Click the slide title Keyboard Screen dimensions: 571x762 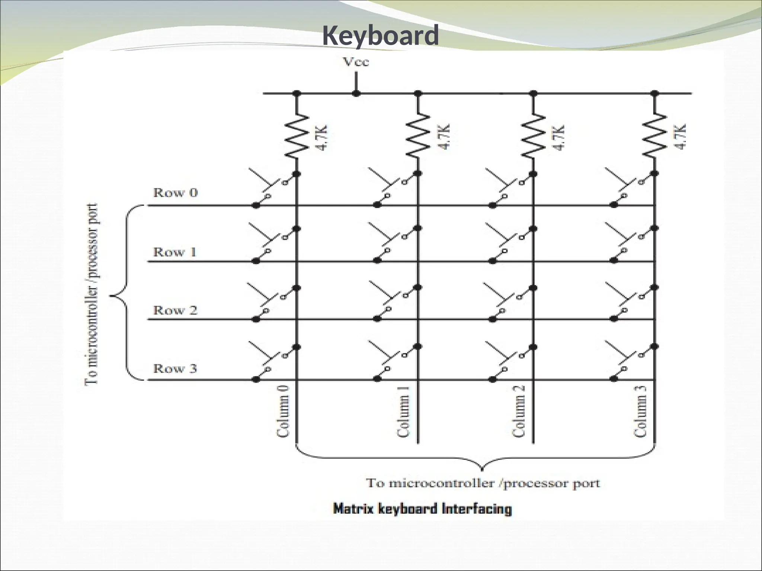click(x=380, y=36)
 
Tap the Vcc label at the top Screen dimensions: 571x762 click(x=356, y=62)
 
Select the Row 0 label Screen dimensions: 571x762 click(x=176, y=193)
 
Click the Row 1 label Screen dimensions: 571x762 click(x=175, y=252)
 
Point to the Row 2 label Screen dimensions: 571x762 click(x=175, y=310)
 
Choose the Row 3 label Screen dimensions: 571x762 click(x=175, y=368)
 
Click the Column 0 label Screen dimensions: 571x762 click(x=283, y=411)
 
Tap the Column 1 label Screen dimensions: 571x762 click(x=403, y=411)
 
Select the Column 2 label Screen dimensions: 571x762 click(x=518, y=411)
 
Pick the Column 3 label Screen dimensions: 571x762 click(x=640, y=411)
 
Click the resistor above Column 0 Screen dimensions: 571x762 click(x=297, y=136)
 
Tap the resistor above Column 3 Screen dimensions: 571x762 click(x=655, y=136)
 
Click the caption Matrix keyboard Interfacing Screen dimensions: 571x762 click(x=422, y=509)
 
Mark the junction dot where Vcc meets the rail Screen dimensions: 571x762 click(x=356, y=93)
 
